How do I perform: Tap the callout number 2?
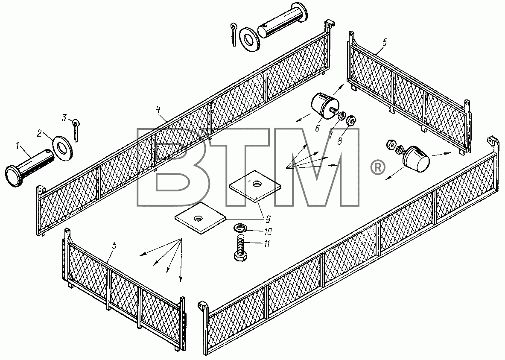coord(39,133)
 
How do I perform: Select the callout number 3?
coord(64,118)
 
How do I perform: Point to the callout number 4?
coord(158,109)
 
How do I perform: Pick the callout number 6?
coord(317,128)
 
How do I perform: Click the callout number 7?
coord(330,135)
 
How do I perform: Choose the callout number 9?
coord(268,219)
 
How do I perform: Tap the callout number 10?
coord(268,231)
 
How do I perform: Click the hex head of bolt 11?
coord(239,257)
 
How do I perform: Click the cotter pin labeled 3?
coord(76,130)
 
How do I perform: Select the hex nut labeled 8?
coord(351,121)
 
